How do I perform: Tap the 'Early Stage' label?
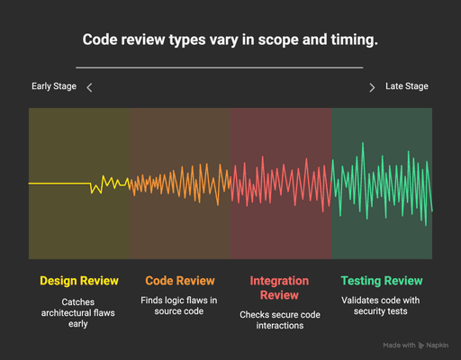coord(54,86)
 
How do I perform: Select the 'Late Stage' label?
coord(407,86)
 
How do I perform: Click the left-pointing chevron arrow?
coord(89,87)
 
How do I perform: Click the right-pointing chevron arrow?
coord(372,87)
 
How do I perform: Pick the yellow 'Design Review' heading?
coord(79,281)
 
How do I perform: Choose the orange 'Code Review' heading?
coord(179,281)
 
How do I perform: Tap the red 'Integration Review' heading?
coord(279,288)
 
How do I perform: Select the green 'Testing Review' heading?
coord(382,281)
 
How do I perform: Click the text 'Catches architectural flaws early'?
coord(79,312)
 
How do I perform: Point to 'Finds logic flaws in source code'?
coord(179,305)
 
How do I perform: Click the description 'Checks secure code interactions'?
coord(279,320)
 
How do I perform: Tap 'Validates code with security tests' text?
coord(382,305)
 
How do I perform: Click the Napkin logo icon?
coord(422,345)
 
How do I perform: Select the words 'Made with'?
coord(399,345)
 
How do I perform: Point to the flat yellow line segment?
coord(59,184)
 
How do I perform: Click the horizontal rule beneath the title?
coord(220,67)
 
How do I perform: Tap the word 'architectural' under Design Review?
coord(79,312)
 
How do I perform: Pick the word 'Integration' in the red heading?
coord(279,281)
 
